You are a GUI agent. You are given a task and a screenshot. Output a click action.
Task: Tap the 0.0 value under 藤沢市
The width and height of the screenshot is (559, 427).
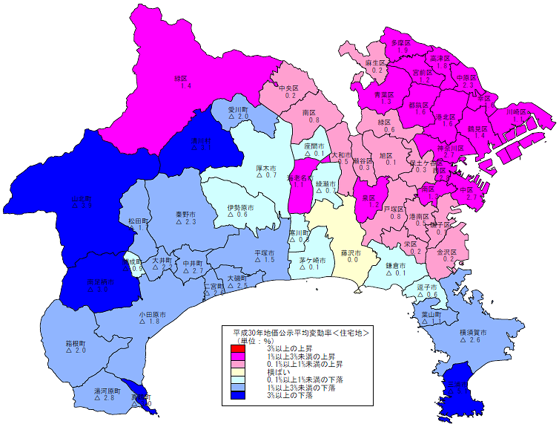(352, 261)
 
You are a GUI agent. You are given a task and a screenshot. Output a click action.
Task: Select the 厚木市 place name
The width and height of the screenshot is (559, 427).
(266, 168)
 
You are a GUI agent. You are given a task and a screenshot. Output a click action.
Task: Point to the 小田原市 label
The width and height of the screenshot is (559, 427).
(151, 314)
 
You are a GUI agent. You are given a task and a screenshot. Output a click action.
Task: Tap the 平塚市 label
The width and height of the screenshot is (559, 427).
(265, 252)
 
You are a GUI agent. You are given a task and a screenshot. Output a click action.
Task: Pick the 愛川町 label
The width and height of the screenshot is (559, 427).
(238, 108)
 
